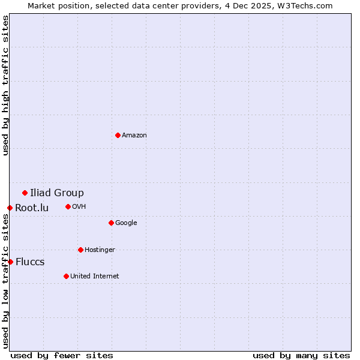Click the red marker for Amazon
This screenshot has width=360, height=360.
pyautogui.click(x=118, y=135)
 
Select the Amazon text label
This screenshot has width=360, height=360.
pyautogui.click(x=134, y=136)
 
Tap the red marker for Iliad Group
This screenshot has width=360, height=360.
pyautogui.click(x=25, y=193)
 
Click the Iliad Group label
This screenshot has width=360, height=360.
pyautogui.click(x=57, y=193)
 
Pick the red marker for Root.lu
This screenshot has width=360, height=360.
pyautogui.click(x=10, y=208)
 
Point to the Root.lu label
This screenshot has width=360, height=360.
pyautogui.click(x=32, y=208)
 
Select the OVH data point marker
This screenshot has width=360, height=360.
pyautogui.click(x=68, y=206)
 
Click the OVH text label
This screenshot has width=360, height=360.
pyautogui.click(x=79, y=207)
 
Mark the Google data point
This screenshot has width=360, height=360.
pyautogui.click(x=111, y=223)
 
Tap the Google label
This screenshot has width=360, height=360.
pyautogui.click(x=126, y=223)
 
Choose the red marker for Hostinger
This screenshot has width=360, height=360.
pyautogui.click(x=80, y=250)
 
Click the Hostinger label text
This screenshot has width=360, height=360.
pyautogui.click(x=100, y=250)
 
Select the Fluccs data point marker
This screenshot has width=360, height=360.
pyautogui.click(x=10, y=262)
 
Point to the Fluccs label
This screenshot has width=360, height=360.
pyautogui.click(x=30, y=262)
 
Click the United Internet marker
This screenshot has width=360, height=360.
pyautogui.click(x=66, y=276)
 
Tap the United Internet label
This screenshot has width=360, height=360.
pyautogui.click(x=95, y=277)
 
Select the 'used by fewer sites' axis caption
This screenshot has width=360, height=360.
pyautogui.click(x=62, y=355)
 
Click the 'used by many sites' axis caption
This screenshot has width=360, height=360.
pyautogui.click(x=301, y=355)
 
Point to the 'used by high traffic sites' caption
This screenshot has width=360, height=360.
pyautogui.click(x=5, y=85)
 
